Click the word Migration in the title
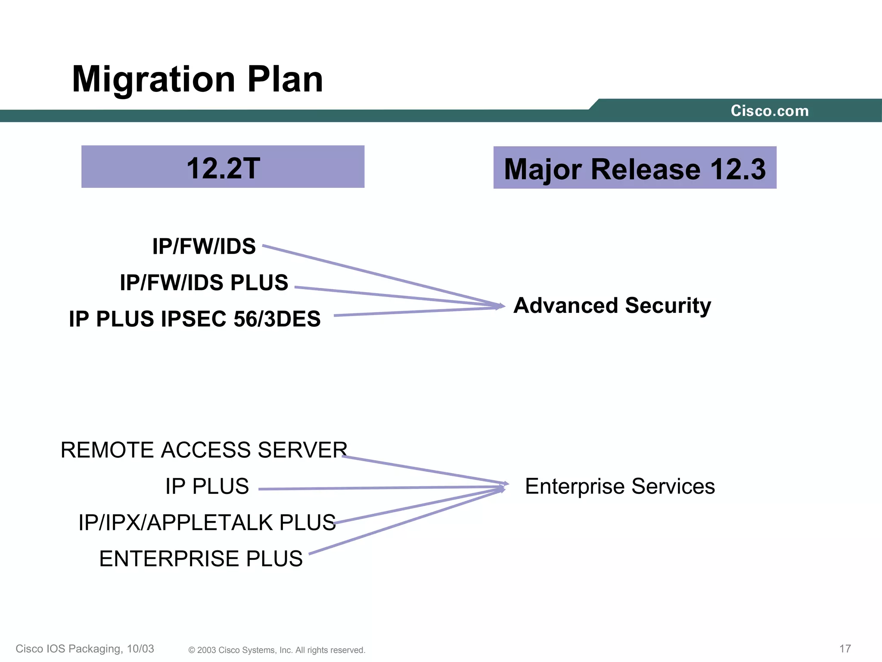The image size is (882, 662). click(153, 80)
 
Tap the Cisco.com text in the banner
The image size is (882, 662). click(769, 111)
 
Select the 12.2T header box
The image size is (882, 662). click(223, 167)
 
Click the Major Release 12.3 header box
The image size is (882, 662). click(634, 168)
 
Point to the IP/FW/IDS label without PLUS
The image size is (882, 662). click(204, 247)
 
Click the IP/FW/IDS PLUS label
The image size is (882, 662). click(204, 283)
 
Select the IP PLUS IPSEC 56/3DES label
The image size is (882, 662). click(195, 319)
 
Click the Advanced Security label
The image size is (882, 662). click(612, 306)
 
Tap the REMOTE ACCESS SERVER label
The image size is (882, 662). click(204, 450)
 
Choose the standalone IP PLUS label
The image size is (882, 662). click(207, 486)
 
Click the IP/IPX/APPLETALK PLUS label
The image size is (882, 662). click(207, 522)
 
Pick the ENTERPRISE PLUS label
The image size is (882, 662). click(201, 559)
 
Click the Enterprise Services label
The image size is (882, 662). click(620, 486)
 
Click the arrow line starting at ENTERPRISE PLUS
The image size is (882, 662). click(405, 522)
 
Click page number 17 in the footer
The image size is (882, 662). click(845, 649)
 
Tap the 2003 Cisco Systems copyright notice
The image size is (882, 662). click(276, 650)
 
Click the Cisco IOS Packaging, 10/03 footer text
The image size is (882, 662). click(85, 649)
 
